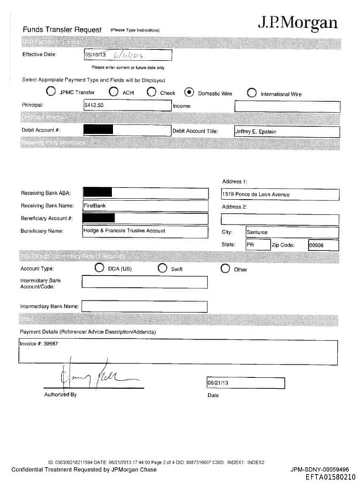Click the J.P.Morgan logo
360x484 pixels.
(297, 23)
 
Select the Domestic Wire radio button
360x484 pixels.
(189, 92)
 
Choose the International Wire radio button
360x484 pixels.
(252, 92)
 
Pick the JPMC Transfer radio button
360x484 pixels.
(51, 92)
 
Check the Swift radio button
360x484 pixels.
(162, 268)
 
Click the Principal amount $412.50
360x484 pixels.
(95, 106)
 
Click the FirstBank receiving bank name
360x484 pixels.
(94, 206)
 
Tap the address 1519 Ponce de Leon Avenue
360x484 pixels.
(255, 194)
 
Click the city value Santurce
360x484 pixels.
(257, 231)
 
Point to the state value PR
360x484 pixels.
(250, 245)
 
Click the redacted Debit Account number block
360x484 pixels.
(98, 130)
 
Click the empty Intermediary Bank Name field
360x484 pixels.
(144, 307)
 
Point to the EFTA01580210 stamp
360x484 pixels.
(330, 477)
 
